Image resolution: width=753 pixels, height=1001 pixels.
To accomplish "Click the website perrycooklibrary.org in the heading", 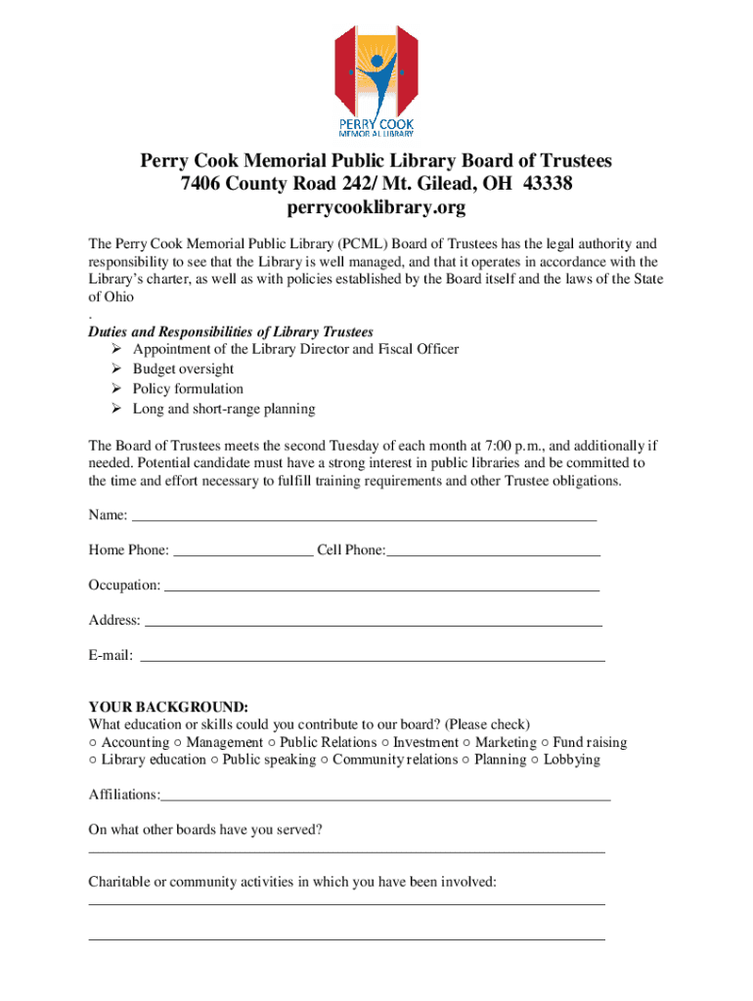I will click(376, 208).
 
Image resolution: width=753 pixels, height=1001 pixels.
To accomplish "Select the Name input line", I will click(364, 515).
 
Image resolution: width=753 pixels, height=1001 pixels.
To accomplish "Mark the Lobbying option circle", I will click(535, 760).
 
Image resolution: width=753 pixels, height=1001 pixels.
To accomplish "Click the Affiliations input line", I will click(386, 796).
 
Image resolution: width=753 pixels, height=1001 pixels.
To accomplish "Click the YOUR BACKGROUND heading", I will click(168, 707).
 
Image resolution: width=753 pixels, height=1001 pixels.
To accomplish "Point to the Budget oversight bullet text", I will click(183, 369).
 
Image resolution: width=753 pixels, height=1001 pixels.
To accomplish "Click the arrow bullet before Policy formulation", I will click(115, 389).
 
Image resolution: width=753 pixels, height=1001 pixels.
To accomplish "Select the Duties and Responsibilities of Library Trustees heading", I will click(231, 332).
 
